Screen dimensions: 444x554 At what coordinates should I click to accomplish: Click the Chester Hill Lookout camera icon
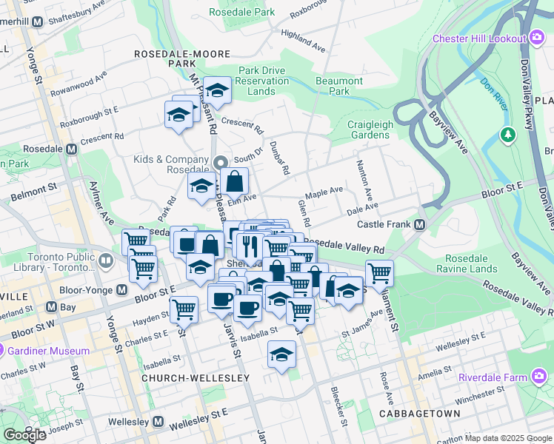point(538,38)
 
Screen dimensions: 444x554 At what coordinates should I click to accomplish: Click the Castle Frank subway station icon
point(419,224)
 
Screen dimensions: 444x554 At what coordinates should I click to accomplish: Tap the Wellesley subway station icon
point(158,422)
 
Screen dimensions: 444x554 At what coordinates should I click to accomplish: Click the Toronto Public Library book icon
point(105,260)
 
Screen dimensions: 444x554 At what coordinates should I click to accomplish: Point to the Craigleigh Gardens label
point(370,129)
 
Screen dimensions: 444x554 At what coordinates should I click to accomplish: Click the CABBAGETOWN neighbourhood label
point(409,412)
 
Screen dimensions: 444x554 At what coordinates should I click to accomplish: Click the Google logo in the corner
point(24,435)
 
